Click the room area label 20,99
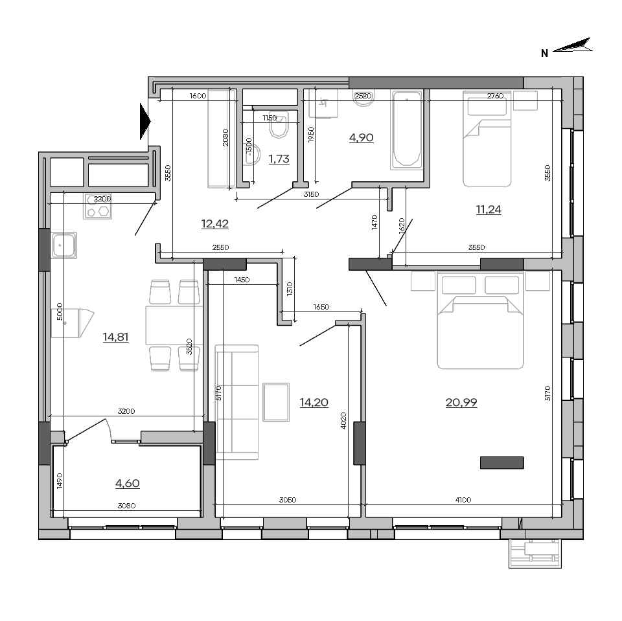[461, 403]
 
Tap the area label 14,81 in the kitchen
[115, 337]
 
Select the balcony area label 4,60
[128, 484]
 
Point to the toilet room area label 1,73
[279, 159]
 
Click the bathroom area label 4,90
[361, 137]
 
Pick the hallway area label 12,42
[214, 223]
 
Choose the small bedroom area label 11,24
[489, 209]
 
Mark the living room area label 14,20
[314, 403]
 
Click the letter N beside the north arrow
[545, 53]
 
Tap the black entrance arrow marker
[145, 121]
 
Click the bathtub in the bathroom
[406, 130]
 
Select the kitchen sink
[63, 245]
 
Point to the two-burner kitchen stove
[98, 206]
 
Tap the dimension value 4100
[463, 500]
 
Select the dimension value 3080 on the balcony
[126, 506]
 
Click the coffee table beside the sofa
[276, 402]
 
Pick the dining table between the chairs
[174, 325]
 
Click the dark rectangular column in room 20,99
[501, 463]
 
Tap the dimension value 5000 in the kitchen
[60, 311]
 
